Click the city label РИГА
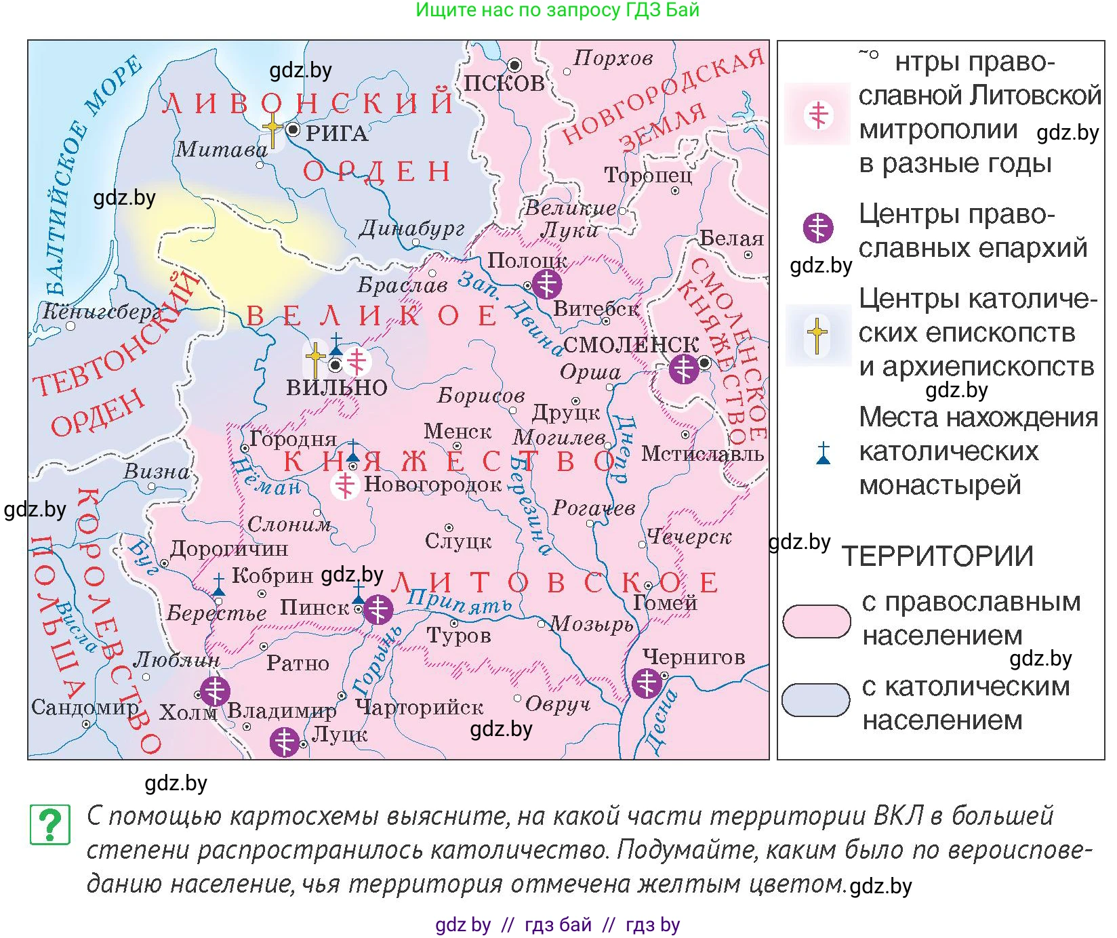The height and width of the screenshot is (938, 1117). coord(337,134)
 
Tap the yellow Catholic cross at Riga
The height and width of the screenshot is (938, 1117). coord(272,129)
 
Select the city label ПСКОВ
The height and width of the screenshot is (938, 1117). coord(504,83)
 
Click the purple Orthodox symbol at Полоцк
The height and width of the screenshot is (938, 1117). coord(546,283)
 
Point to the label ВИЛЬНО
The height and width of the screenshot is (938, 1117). coord(337,388)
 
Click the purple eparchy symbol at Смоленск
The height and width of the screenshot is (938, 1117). coord(683,369)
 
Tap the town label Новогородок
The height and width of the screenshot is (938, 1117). coord(433,484)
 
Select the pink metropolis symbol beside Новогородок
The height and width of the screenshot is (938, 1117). coord(346,485)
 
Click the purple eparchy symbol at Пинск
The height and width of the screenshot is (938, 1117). coord(378,609)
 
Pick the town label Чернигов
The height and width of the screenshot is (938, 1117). coord(693,657)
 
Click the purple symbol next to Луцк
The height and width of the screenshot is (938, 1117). coord(285,742)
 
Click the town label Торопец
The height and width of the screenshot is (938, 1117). coord(648,176)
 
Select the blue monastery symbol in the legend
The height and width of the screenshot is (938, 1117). coord(823,453)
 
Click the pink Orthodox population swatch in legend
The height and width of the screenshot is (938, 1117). coord(816,621)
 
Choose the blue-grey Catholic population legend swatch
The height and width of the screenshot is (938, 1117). coord(815,701)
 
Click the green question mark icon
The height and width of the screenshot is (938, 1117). coord(50,825)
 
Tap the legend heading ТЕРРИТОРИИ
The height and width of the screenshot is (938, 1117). coord(937,556)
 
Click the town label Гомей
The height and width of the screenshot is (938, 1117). coord(664,602)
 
